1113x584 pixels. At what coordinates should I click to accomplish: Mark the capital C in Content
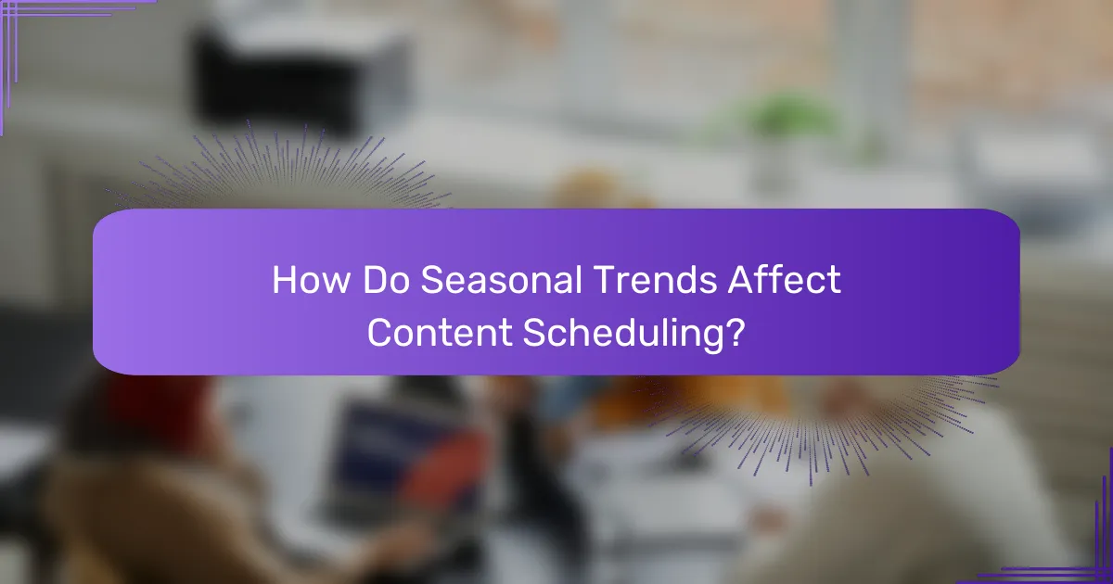point(380,333)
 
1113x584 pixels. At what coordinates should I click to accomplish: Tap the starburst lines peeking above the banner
point(278,171)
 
